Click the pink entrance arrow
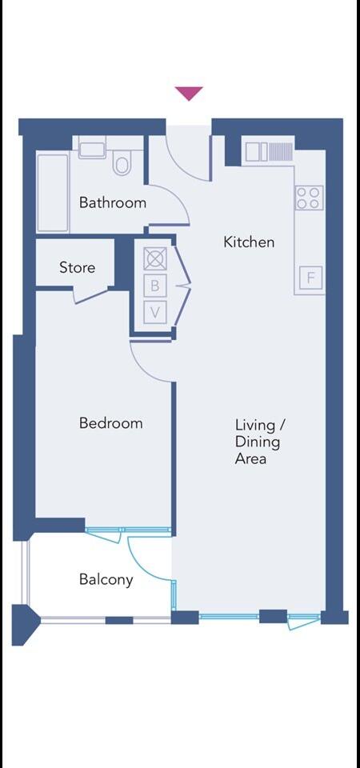[x=189, y=93]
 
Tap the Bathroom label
[x=113, y=203]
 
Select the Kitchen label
[x=249, y=242]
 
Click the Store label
[x=77, y=268]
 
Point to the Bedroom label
[x=110, y=423]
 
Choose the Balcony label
[x=106, y=580]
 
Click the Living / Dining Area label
[x=258, y=442]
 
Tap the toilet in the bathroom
[x=122, y=163]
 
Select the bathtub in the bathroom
[x=53, y=193]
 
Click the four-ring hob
[x=309, y=198]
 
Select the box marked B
[x=155, y=286]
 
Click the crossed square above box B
[x=154, y=258]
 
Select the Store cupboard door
[x=90, y=295]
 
